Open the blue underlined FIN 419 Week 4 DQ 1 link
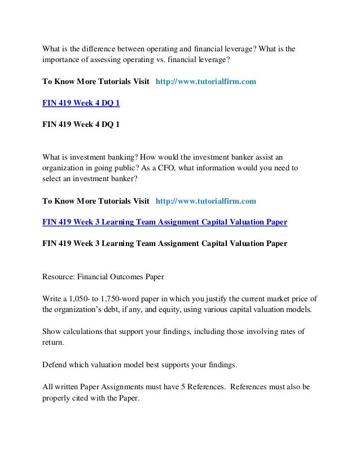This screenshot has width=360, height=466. click(x=81, y=103)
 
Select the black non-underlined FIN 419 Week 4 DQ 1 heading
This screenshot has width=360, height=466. click(x=81, y=124)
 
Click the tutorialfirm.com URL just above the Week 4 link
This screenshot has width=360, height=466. click(x=205, y=81)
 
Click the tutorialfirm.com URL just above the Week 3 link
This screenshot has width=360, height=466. click(x=205, y=200)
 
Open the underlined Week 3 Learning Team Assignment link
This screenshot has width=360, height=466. click(x=165, y=222)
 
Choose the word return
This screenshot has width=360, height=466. click(x=54, y=342)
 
